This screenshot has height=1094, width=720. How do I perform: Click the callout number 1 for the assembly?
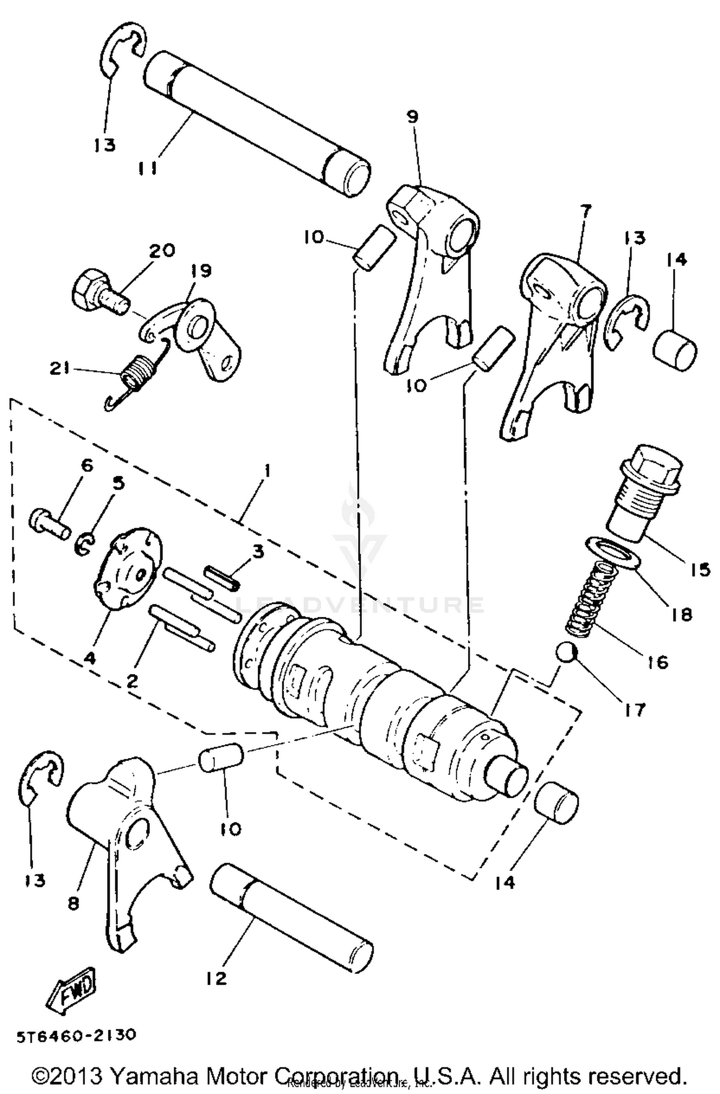click(x=267, y=470)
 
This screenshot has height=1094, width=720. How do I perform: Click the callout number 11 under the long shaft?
click(x=147, y=168)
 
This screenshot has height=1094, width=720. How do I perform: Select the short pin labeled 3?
click(x=222, y=578)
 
